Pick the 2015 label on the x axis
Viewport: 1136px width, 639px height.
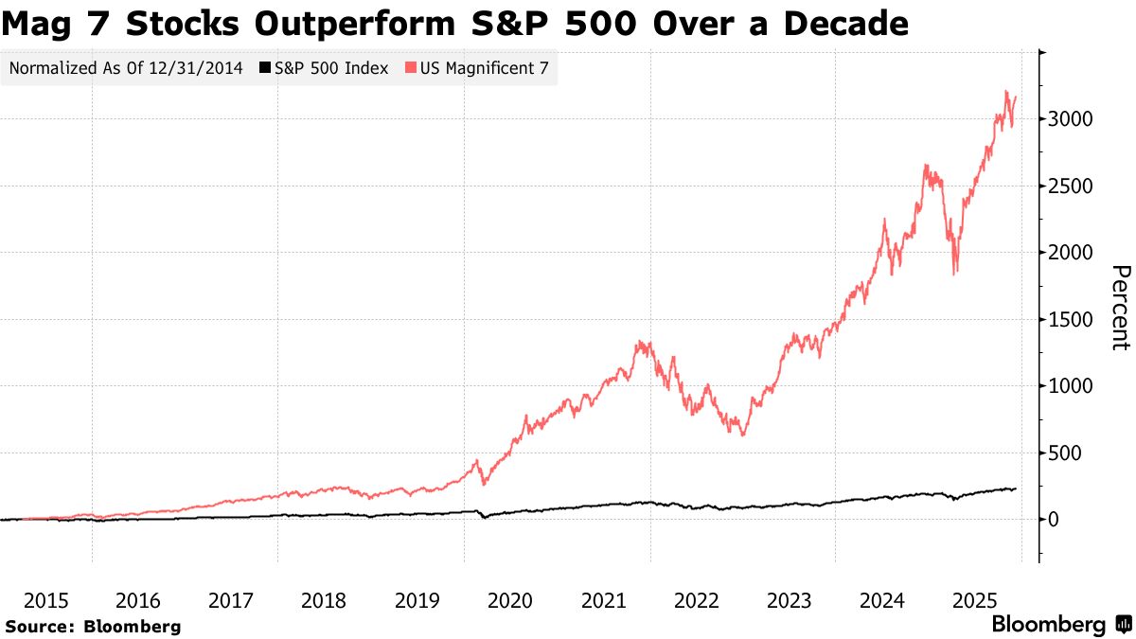pyautogui.click(x=45, y=600)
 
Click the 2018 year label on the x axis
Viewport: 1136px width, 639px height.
pyautogui.click(x=324, y=600)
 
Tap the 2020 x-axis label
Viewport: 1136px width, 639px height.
pyautogui.click(x=509, y=600)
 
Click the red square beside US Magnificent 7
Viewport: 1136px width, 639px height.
pyautogui.click(x=410, y=69)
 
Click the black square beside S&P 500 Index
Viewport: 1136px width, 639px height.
pyautogui.click(x=266, y=69)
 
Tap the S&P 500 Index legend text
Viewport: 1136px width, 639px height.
pyautogui.click(x=331, y=69)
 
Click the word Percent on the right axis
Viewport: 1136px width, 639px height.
pyautogui.click(x=1120, y=308)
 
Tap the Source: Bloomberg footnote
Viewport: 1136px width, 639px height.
pyautogui.click(x=93, y=626)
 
